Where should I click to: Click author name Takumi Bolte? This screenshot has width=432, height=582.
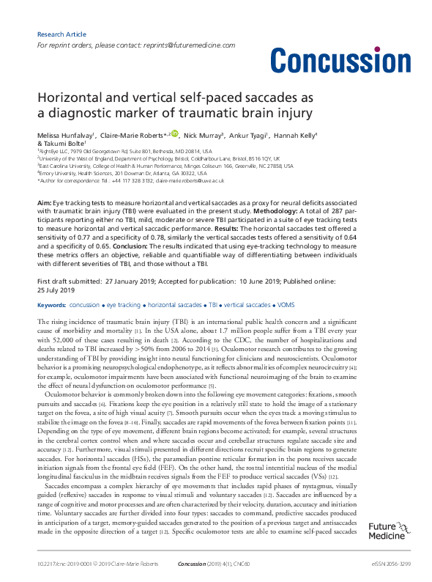64,144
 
